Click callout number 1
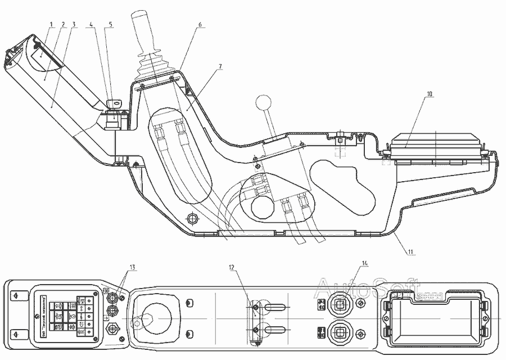[51, 25]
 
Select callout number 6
[200, 25]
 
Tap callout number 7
[220, 66]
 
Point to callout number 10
[429, 94]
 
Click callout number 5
[110, 25]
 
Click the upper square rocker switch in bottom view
[340, 304]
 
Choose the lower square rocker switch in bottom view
[340, 331]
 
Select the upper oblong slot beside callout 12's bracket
[275, 307]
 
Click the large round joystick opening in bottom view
[153, 314]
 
